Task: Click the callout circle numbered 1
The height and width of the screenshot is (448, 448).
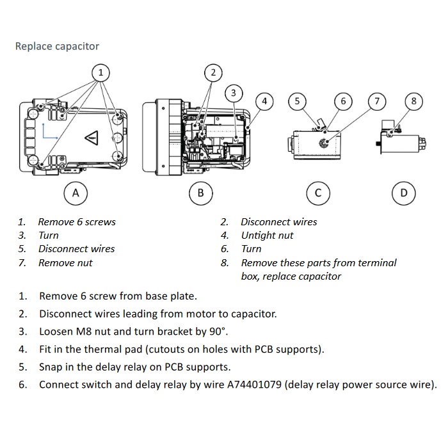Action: click(100, 72)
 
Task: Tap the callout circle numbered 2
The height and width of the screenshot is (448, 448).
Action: click(214, 72)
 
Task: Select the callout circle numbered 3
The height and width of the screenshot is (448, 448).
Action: click(234, 93)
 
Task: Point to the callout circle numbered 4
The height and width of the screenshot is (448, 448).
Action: click(264, 101)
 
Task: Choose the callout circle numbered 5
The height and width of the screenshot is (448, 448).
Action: click(297, 101)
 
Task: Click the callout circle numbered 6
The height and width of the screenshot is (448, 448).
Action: click(344, 101)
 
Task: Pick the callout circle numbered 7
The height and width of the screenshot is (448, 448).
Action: click(377, 101)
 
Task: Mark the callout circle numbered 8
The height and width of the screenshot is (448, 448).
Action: click(414, 101)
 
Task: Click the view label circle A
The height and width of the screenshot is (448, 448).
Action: click(76, 193)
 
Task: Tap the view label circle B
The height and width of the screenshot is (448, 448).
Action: click(201, 193)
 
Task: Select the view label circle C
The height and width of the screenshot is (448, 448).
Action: click(318, 193)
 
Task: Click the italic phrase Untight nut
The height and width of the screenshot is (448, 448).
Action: click(267, 235)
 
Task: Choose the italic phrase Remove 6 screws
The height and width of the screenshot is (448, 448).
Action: click(77, 221)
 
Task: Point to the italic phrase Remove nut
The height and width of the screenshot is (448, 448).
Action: click(65, 262)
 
